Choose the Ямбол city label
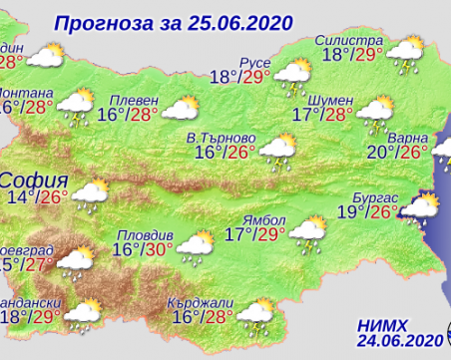(x=267, y=219)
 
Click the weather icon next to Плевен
(x=180, y=110)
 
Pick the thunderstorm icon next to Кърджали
(x=256, y=314)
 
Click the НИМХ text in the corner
(x=383, y=324)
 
